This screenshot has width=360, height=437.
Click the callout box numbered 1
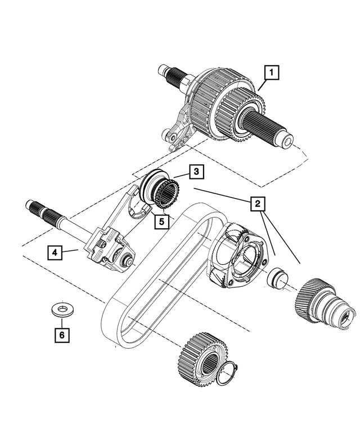pyautogui.click(x=272, y=73)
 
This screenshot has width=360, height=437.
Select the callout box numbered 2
pyautogui.click(x=257, y=204)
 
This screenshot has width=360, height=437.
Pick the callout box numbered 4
pyautogui.click(x=55, y=253)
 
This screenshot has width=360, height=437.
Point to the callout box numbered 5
pyautogui.click(x=161, y=221)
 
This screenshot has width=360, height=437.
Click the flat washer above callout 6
pyautogui.click(x=59, y=308)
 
